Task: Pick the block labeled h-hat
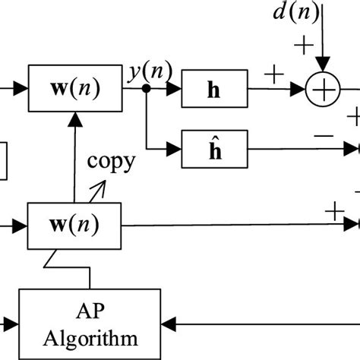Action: (x=212, y=149)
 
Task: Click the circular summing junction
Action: (x=323, y=92)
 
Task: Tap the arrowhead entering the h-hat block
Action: (x=176, y=149)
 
